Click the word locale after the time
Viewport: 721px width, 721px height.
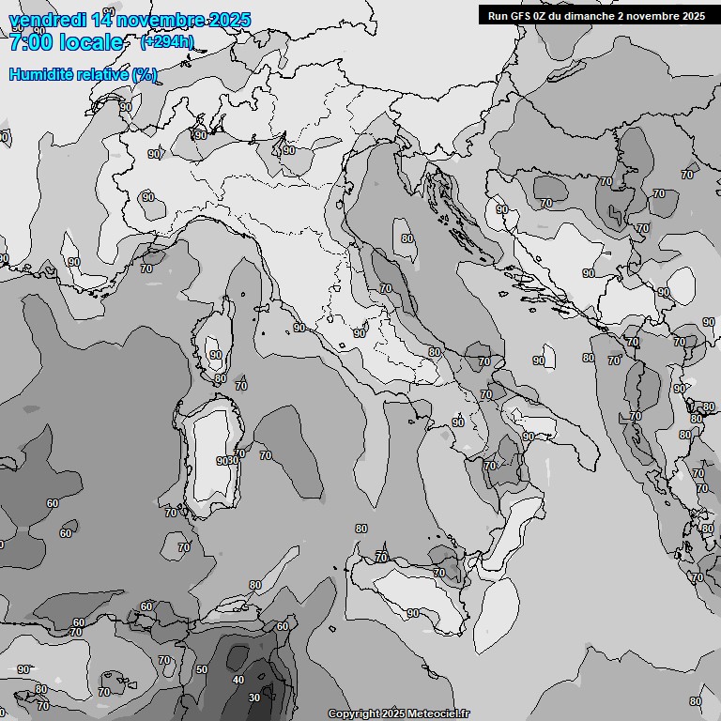pos(91,42)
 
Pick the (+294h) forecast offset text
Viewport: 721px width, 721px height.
pos(167,41)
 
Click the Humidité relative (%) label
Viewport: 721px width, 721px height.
pos(83,74)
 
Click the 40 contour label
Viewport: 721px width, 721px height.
pos(238,680)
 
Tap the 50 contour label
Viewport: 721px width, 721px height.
pos(202,669)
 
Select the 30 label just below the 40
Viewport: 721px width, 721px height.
pos(253,698)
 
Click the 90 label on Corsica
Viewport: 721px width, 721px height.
pos(216,355)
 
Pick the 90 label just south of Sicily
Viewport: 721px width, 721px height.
pos(413,613)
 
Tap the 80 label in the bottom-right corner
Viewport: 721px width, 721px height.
pos(695,701)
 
